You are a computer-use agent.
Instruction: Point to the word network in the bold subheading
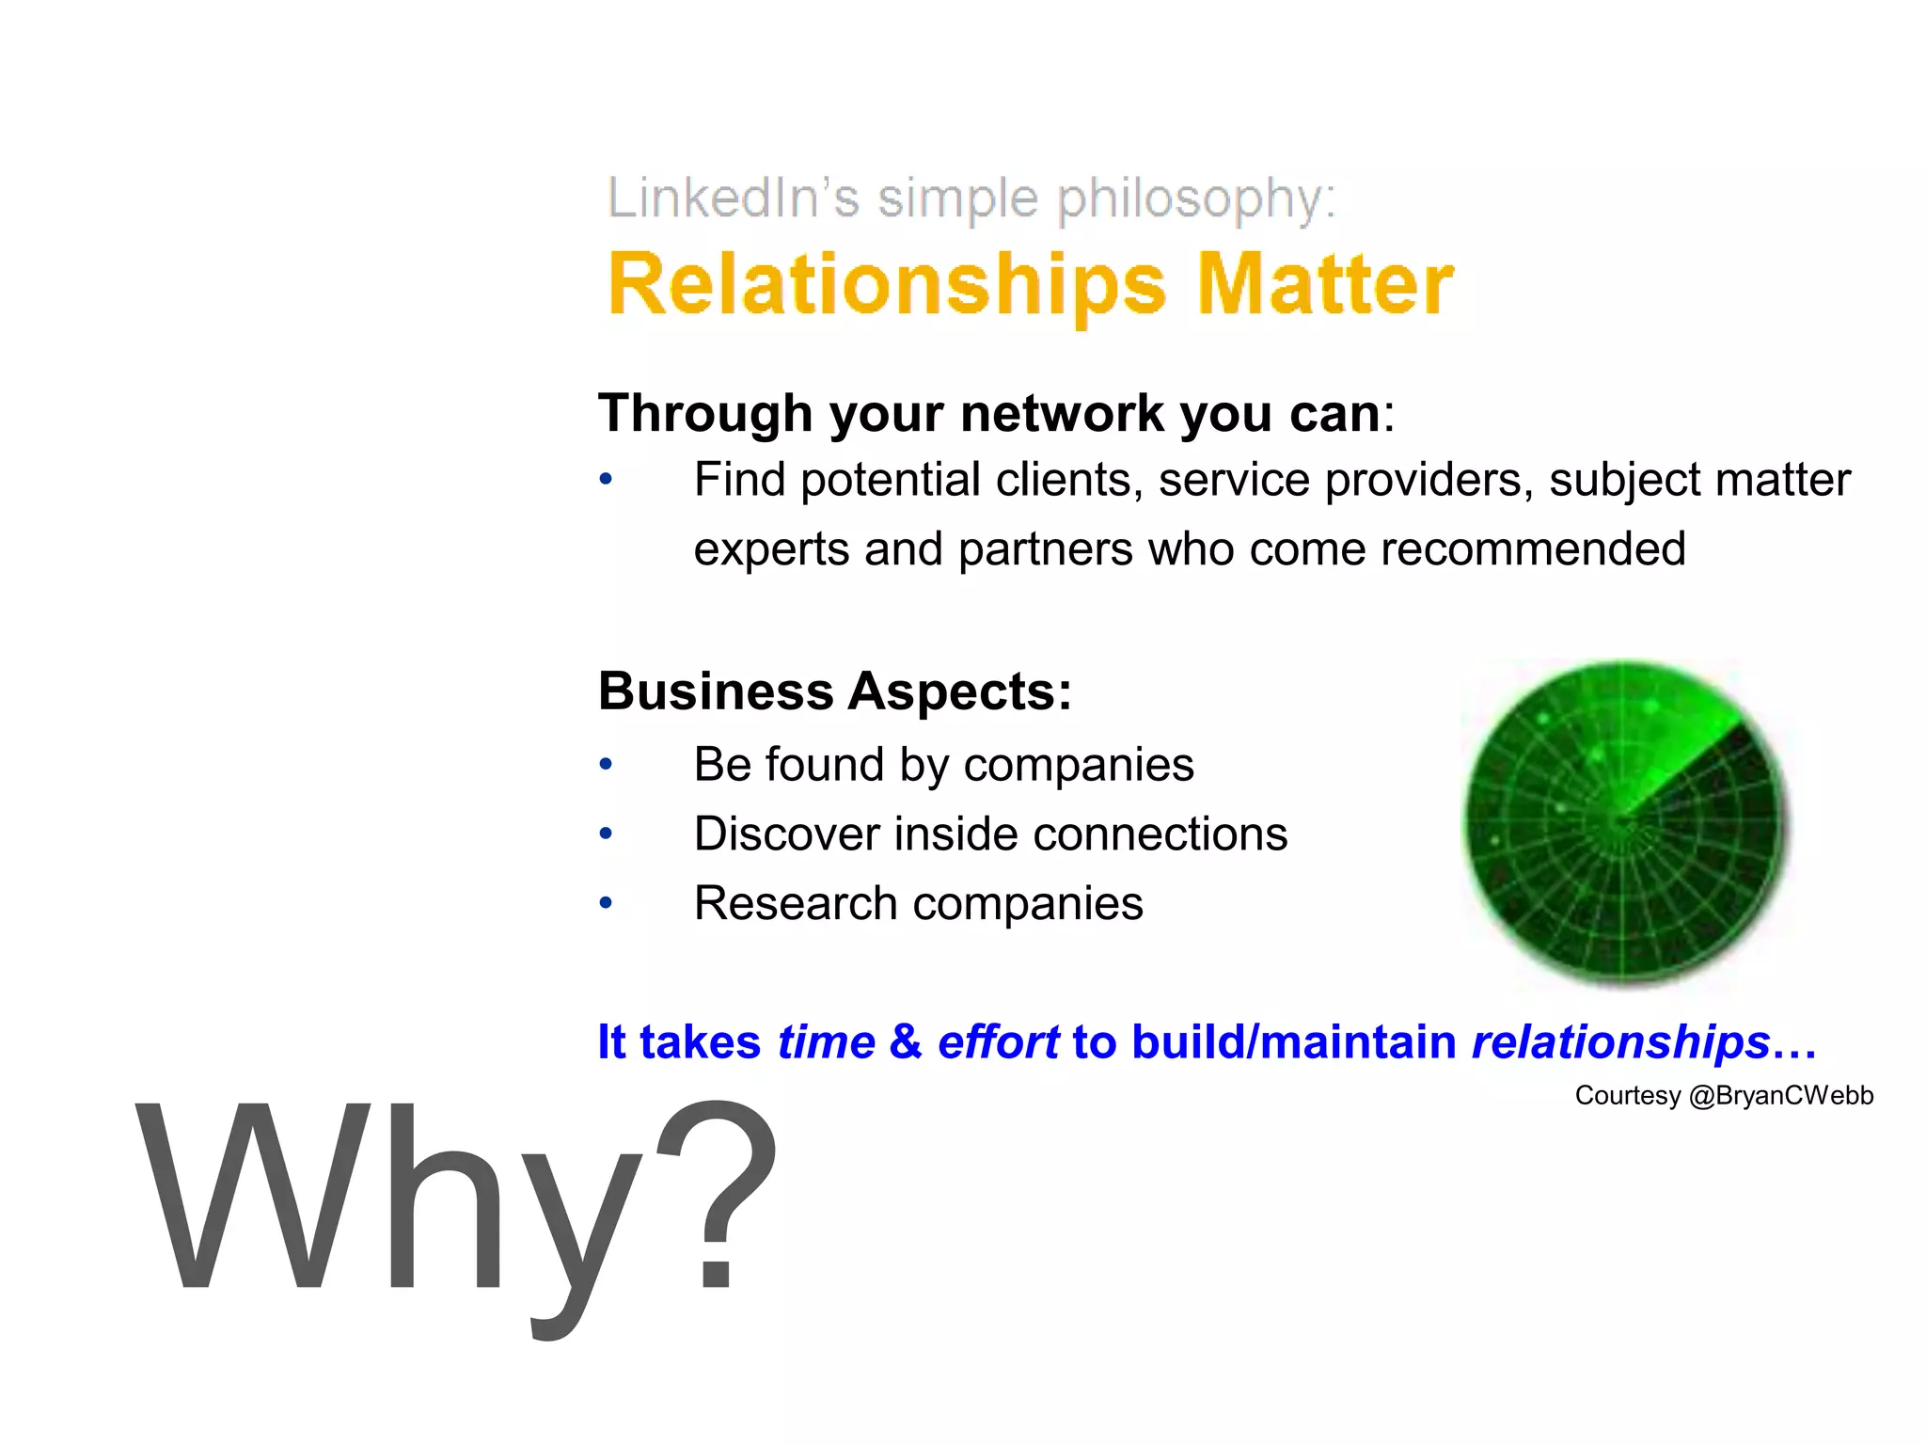(1062, 413)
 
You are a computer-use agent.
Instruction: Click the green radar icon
(1625, 822)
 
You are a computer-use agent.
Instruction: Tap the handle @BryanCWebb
(1781, 1095)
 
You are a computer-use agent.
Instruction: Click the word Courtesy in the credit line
(1627, 1095)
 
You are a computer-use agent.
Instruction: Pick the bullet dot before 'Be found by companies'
(607, 764)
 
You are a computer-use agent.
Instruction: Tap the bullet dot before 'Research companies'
(607, 903)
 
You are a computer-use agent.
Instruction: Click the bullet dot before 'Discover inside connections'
(607, 834)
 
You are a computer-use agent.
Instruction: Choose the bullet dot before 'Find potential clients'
(607, 480)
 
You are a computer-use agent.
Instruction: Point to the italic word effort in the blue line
(998, 1042)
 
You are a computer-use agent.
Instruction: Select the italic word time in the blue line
(827, 1042)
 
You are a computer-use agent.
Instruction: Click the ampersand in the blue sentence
(906, 1042)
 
